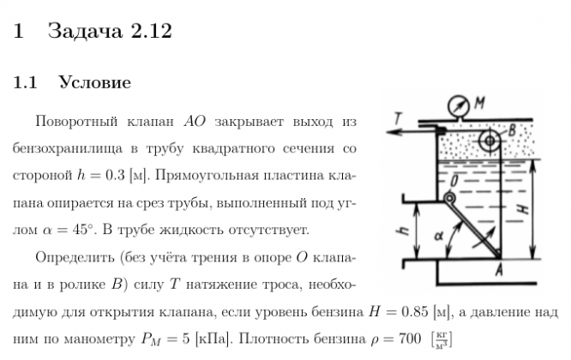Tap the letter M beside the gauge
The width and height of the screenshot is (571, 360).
[x=480, y=102]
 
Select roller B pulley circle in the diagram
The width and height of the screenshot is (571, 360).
[x=490, y=141]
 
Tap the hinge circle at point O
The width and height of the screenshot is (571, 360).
[x=449, y=200]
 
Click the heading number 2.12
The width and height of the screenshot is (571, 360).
[x=151, y=32]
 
